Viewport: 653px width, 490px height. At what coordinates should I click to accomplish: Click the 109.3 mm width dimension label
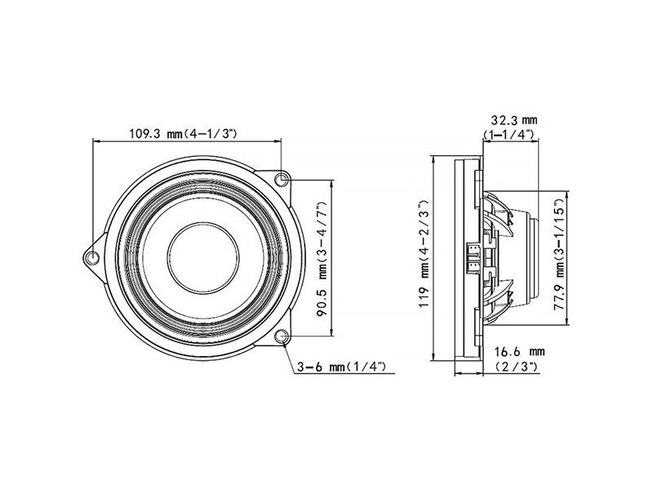(183, 134)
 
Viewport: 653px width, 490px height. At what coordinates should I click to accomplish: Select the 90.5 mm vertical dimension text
(323, 259)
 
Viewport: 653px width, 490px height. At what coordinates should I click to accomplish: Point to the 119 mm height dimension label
(424, 253)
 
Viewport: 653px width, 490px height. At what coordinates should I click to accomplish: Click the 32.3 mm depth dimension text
(514, 120)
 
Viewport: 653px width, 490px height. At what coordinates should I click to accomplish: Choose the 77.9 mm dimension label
(559, 257)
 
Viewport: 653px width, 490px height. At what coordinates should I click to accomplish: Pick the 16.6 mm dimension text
(519, 352)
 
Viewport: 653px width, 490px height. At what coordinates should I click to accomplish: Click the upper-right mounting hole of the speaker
(282, 179)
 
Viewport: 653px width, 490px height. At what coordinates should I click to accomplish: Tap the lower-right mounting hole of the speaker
(282, 336)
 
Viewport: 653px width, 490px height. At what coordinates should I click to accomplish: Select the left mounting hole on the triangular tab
(92, 258)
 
